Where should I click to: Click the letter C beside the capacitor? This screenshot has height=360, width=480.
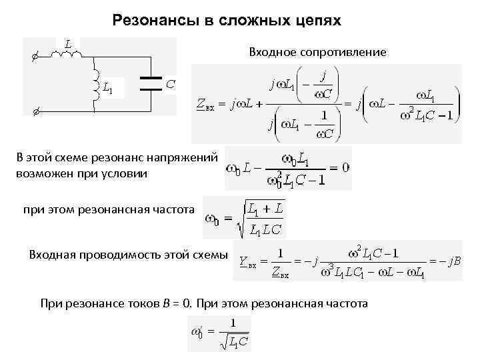point(171,83)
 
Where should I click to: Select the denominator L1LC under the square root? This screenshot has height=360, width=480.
point(265,230)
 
